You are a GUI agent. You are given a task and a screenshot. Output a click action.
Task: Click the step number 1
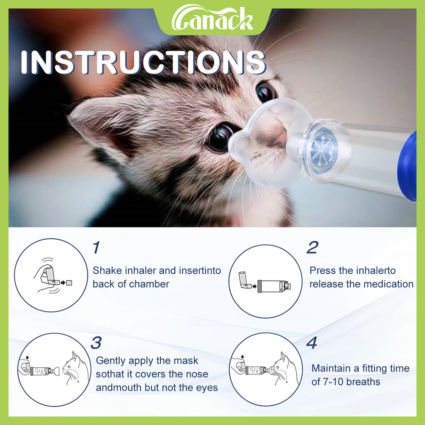pos(96,248)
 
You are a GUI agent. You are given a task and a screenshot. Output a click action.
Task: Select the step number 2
pos(312,248)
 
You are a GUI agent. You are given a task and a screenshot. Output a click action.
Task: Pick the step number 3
pos(96,343)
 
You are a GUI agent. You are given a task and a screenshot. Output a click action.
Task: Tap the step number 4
pos(312,343)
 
